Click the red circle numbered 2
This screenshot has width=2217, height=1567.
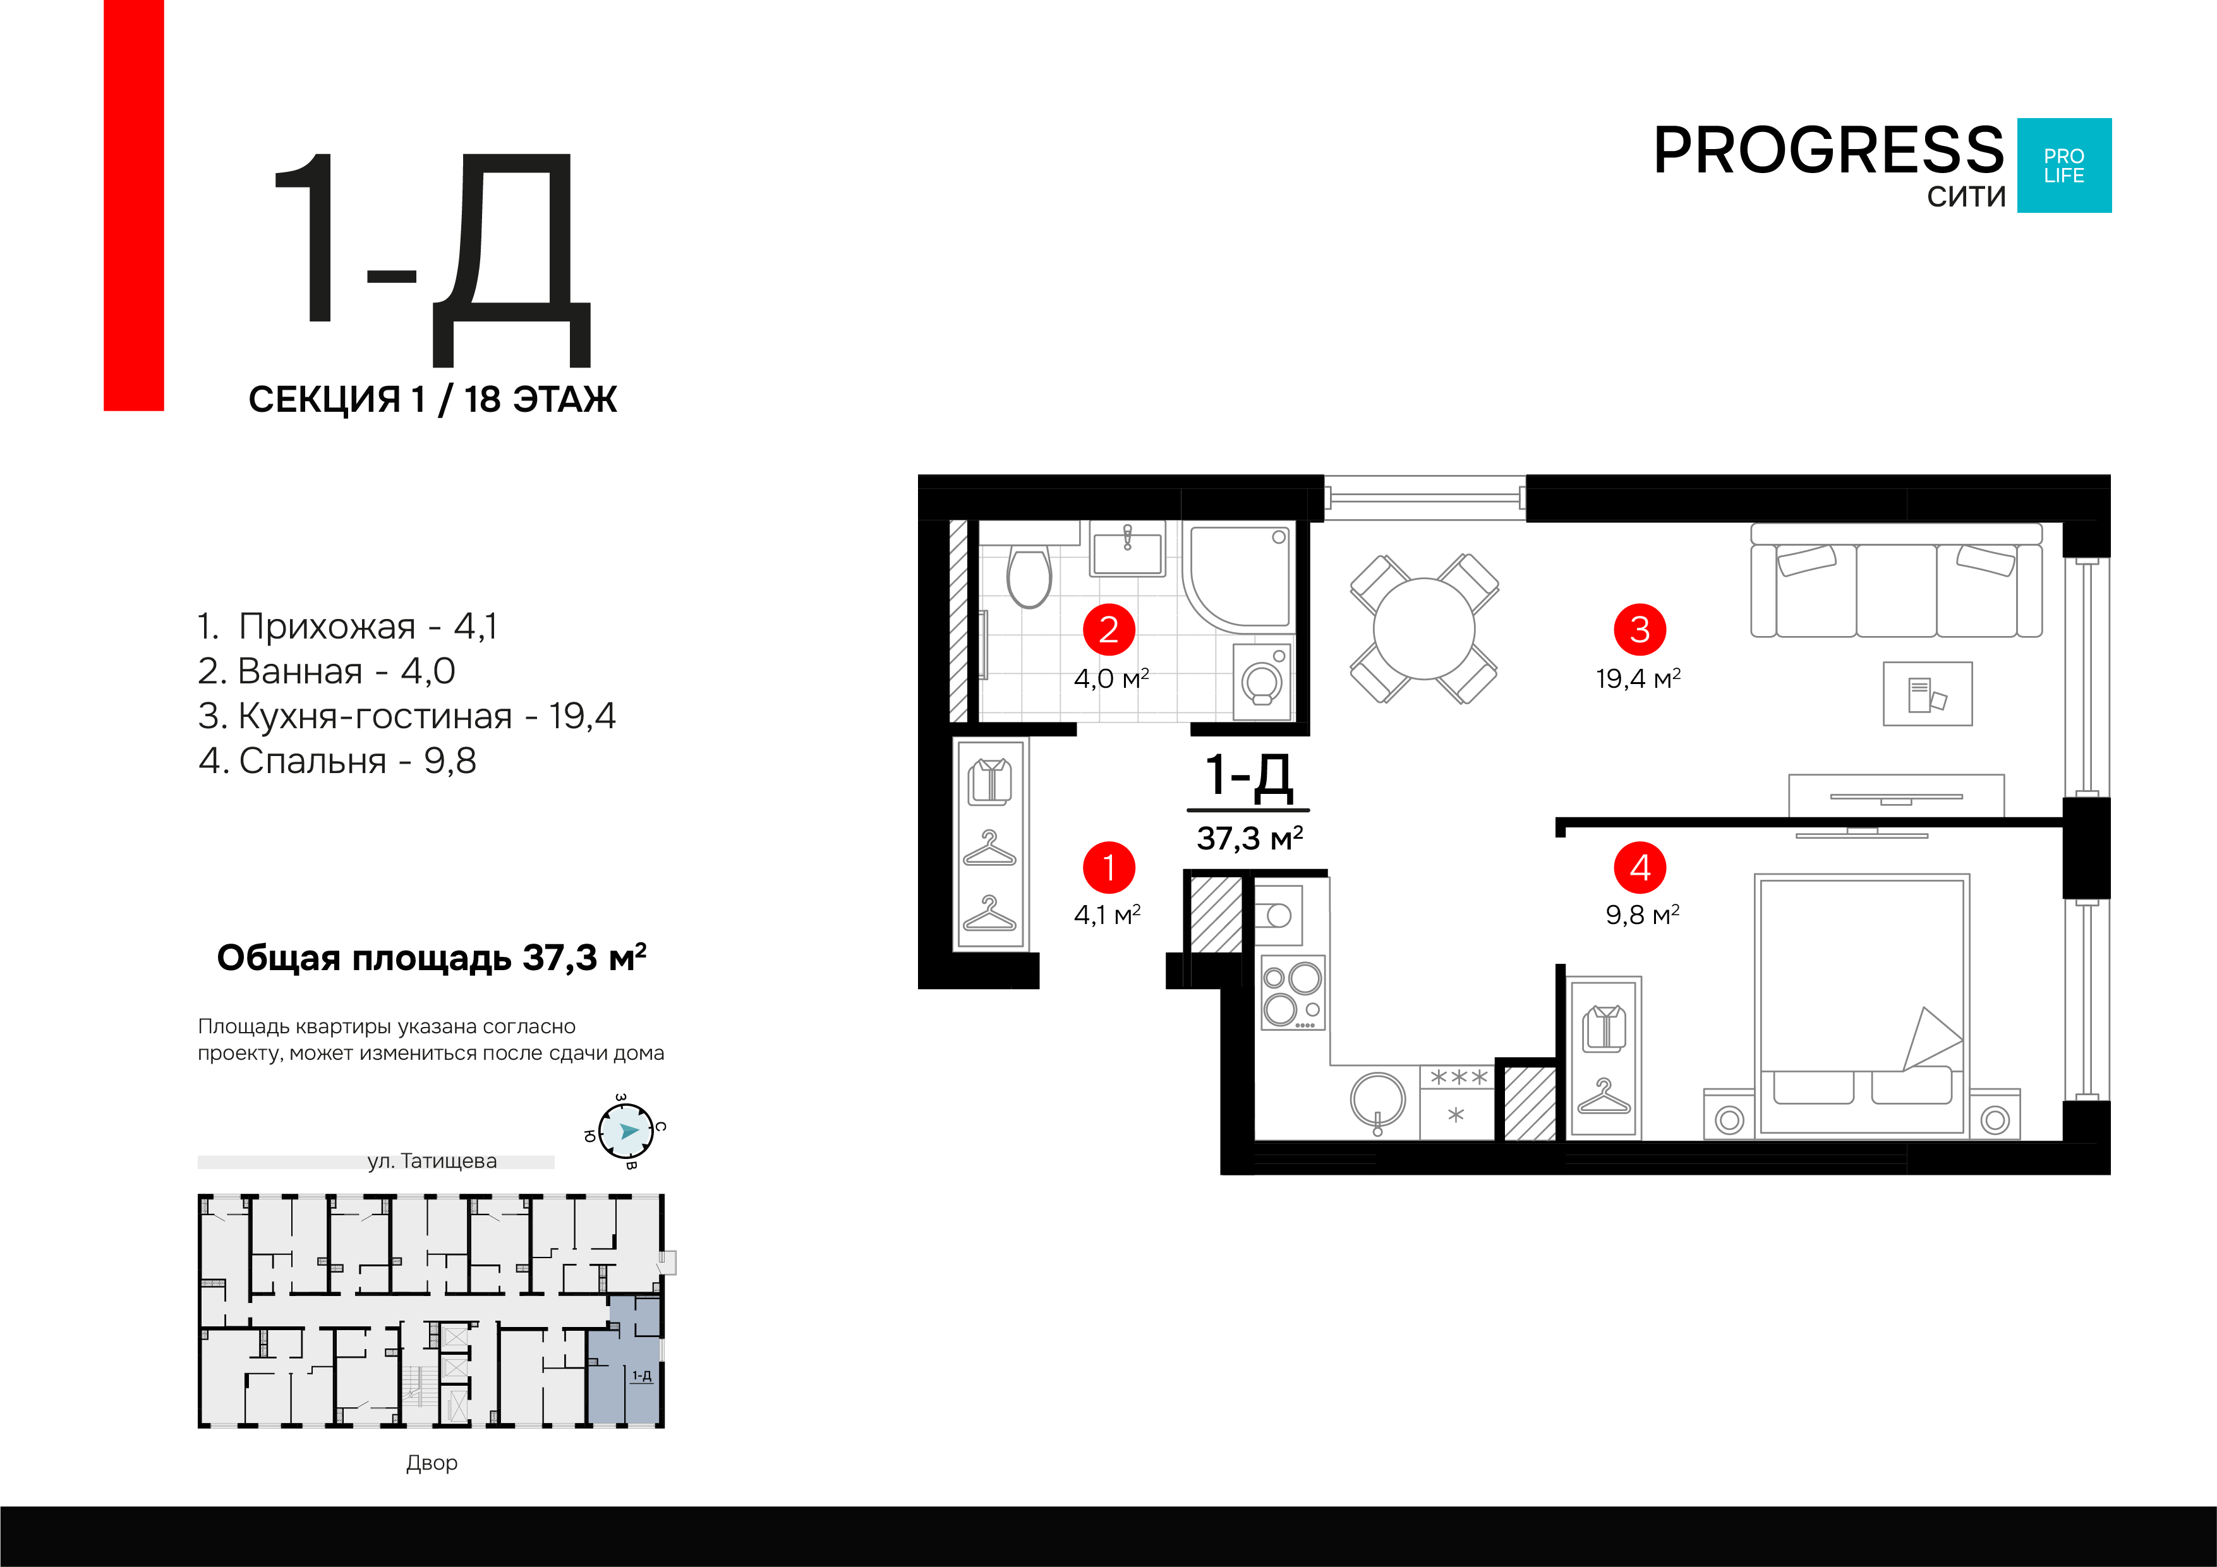1108,630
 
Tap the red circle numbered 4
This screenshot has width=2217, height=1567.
1640,867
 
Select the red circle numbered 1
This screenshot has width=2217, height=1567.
1108,867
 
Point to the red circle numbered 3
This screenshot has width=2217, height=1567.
1640,630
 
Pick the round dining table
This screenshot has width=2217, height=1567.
1424,628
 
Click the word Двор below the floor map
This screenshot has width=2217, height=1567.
432,1463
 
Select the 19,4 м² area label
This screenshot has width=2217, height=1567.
1639,679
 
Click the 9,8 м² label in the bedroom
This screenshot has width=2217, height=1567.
1643,915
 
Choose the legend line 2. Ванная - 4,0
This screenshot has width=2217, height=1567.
327,671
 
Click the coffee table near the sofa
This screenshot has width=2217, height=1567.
1928,693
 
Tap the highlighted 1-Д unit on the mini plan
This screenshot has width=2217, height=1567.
625,1360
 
